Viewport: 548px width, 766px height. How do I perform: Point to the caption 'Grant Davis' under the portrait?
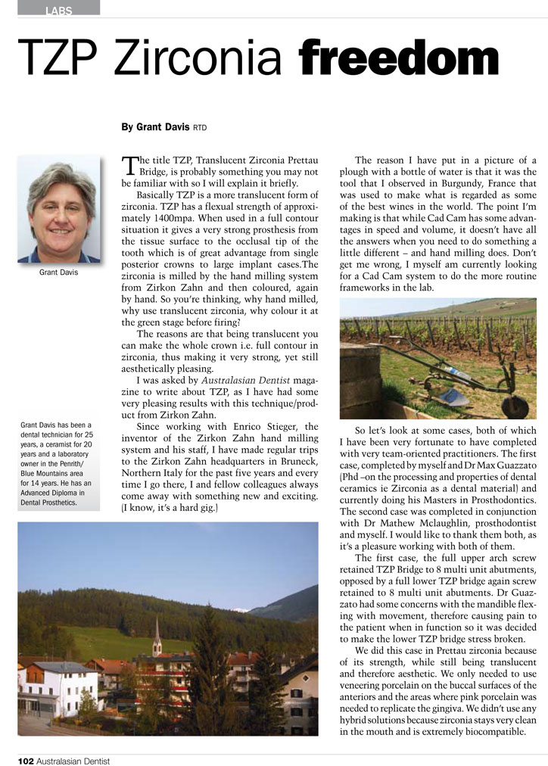58,272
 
